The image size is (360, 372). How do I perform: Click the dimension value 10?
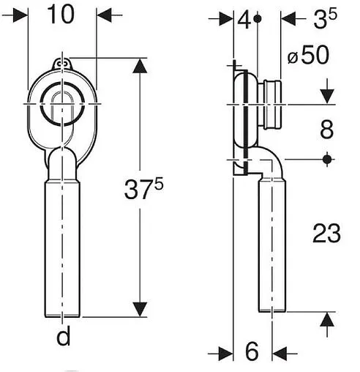coord(61,15)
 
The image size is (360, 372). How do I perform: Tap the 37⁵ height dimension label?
coord(143,189)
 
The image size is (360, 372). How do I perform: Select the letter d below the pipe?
coord(64,335)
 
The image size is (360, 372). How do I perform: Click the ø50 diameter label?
coord(309,56)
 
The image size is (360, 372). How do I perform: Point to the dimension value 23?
coord(326,234)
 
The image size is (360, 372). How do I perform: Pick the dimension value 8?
coord(327,130)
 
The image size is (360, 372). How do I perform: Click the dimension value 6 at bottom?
coord(252,351)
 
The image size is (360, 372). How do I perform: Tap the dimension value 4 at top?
coord(244,20)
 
